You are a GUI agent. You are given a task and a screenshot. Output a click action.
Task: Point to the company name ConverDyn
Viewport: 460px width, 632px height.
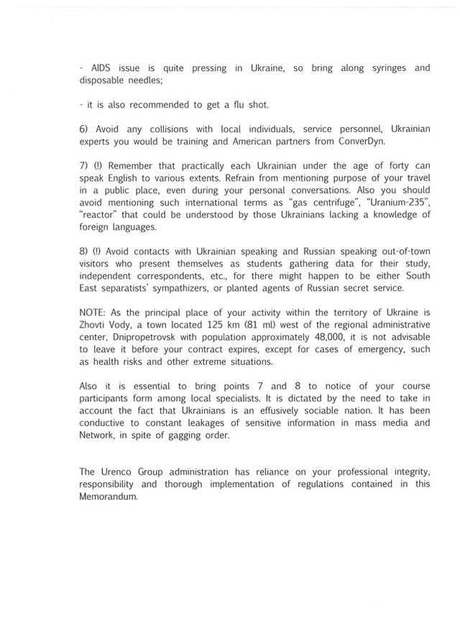click(x=362, y=141)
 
